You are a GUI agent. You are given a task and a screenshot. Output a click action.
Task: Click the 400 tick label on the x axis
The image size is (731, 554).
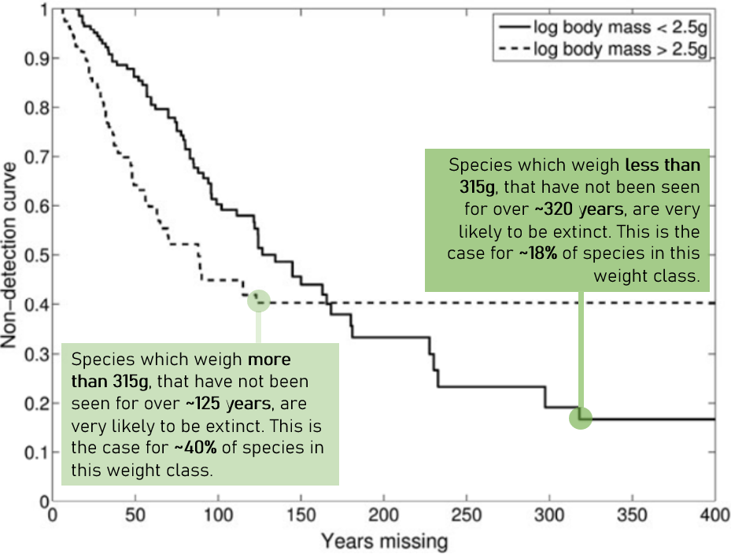click(x=714, y=516)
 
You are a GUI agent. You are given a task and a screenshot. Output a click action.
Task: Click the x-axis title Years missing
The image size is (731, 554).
click(x=383, y=541)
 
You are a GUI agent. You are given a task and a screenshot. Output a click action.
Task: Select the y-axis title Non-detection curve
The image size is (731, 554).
click(x=12, y=256)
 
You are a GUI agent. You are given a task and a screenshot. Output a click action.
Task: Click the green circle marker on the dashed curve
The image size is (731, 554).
click(x=258, y=301)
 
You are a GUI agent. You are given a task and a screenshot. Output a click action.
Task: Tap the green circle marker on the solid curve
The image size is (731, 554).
click(x=580, y=418)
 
